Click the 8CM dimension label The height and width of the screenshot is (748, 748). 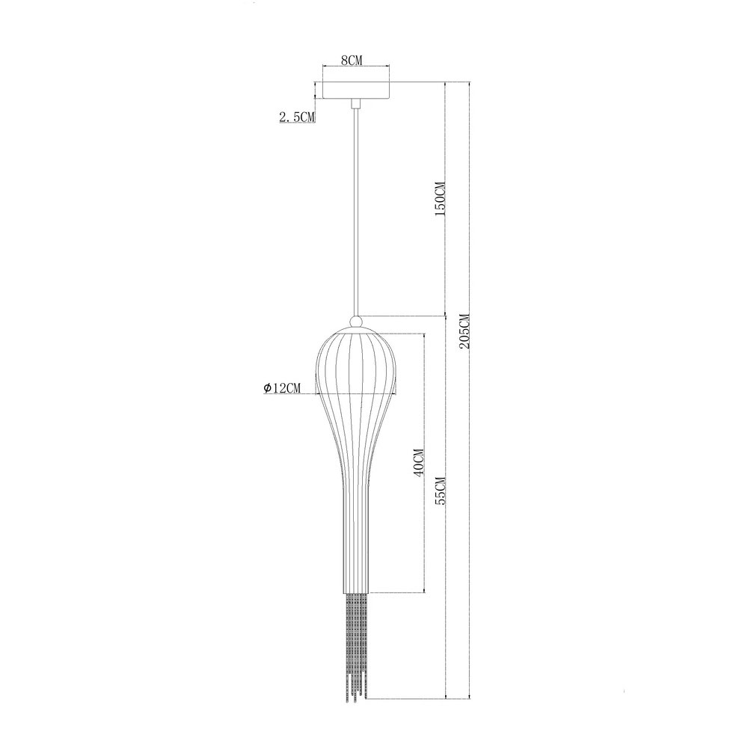point(352,60)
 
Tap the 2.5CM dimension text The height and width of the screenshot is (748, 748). point(297,116)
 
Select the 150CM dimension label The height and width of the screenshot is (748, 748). point(439,199)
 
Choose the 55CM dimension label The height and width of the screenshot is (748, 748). point(439,491)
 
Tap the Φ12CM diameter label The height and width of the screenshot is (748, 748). point(282,388)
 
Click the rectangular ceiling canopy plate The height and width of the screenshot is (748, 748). point(356,91)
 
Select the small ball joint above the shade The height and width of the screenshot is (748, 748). point(356,322)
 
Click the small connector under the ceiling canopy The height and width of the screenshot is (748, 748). point(355,103)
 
